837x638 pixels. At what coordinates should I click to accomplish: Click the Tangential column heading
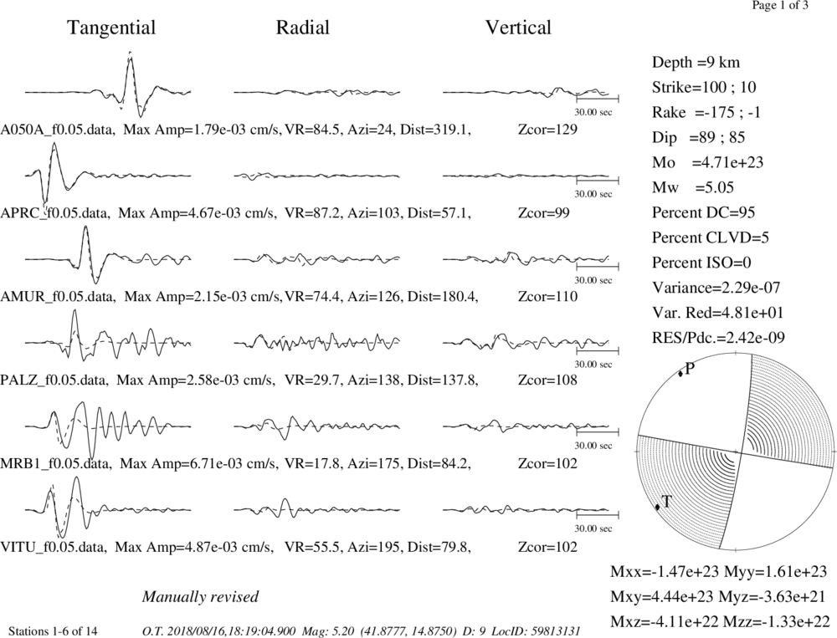click(111, 28)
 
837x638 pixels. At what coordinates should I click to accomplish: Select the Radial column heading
click(303, 28)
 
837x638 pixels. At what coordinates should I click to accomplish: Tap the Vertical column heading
click(518, 28)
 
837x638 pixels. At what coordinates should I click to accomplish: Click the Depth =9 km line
click(696, 63)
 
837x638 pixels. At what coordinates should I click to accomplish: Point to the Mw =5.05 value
click(693, 188)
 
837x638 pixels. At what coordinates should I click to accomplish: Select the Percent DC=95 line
click(704, 213)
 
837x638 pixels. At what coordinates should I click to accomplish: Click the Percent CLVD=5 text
click(711, 238)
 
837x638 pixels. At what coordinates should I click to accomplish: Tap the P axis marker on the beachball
click(680, 374)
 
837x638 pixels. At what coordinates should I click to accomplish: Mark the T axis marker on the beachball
click(658, 507)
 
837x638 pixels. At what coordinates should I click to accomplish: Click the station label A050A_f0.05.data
click(57, 130)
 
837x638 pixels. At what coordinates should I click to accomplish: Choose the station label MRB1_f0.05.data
click(56, 463)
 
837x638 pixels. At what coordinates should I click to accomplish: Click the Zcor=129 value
click(547, 130)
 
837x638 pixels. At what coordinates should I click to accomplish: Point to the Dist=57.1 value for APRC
click(439, 213)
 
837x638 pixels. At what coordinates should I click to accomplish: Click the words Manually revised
click(200, 597)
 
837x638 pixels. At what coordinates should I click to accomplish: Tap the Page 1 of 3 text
click(780, 6)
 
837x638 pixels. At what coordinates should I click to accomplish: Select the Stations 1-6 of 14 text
click(54, 631)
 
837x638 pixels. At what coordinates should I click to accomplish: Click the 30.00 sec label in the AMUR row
click(593, 280)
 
